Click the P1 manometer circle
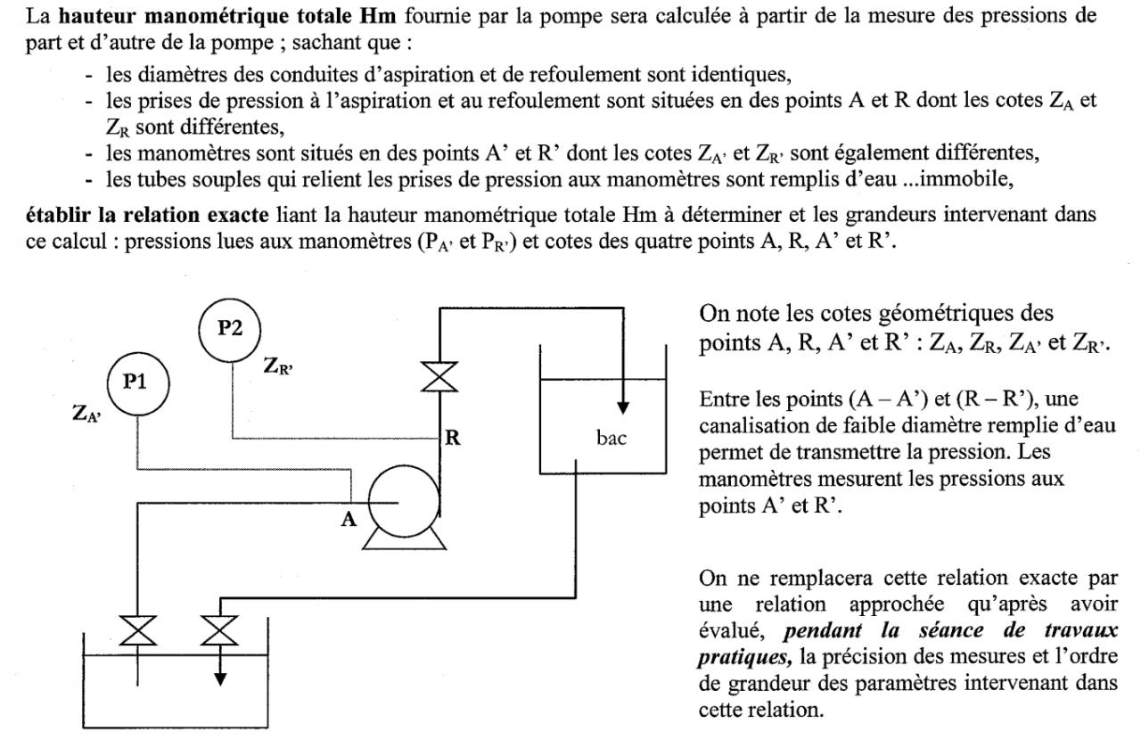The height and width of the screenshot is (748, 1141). (x=135, y=382)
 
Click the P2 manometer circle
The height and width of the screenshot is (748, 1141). (x=230, y=327)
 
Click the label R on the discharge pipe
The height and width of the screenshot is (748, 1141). (x=453, y=438)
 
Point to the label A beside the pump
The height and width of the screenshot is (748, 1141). (x=349, y=520)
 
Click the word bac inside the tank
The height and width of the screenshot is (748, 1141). (x=611, y=439)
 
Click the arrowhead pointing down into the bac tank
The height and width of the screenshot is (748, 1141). (x=624, y=407)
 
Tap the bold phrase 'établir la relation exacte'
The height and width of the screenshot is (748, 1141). (x=139, y=214)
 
